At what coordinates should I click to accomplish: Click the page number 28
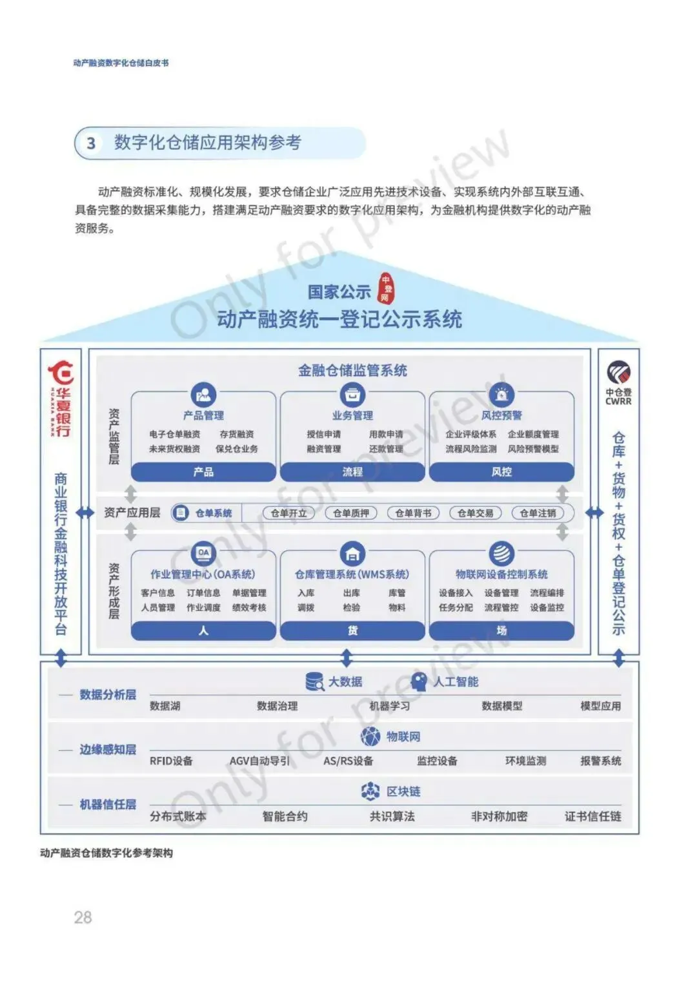(x=83, y=917)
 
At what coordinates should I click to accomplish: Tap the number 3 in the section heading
(x=91, y=143)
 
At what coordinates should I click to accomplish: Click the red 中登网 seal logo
(x=385, y=288)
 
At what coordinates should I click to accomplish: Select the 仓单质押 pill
(x=351, y=513)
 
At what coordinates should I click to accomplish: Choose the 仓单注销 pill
(x=538, y=513)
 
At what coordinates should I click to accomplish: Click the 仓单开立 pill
(x=288, y=513)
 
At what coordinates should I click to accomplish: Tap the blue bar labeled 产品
(x=203, y=472)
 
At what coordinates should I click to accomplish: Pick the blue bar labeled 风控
(x=501, y=472)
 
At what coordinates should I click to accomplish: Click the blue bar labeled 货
(x=352, y=630)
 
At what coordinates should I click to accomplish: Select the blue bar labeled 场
(x=501, y=630)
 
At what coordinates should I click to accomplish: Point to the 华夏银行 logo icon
(x=61, y=374)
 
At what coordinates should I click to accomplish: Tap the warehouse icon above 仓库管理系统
(x=352, y=554)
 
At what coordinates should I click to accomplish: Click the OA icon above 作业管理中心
(x=203, y=554)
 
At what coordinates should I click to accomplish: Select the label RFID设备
(x=171, y=761)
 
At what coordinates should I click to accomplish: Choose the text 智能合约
(x=285, y=816)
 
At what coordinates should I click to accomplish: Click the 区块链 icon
(x=370, y=791)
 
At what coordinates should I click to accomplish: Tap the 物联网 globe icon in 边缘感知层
(x=370, y=736)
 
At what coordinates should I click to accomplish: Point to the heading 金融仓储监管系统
(x=352, y=370)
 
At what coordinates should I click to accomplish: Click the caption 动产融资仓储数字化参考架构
(x=106, y=853)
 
